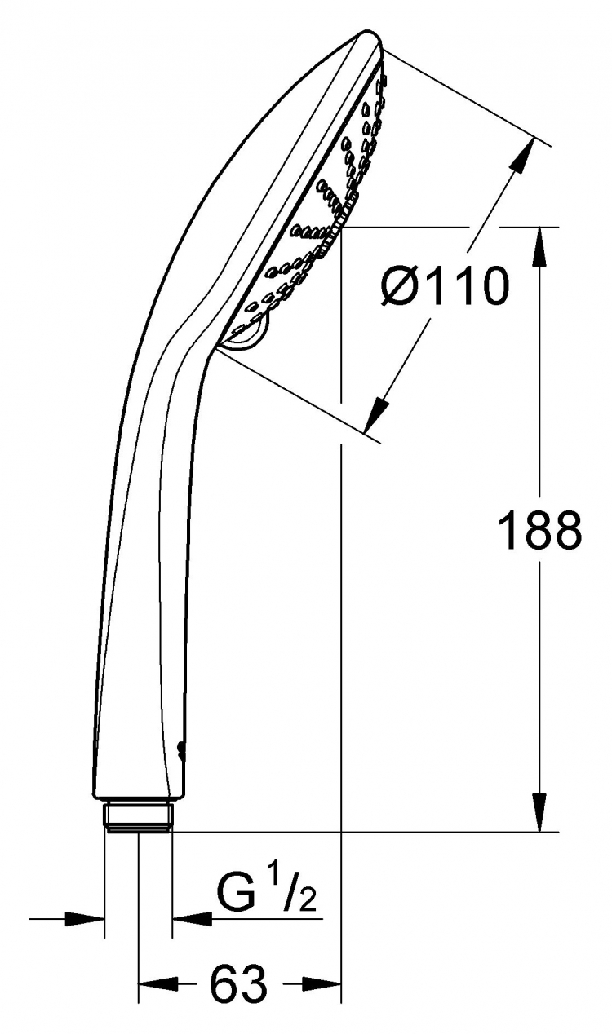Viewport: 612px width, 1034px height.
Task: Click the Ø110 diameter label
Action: [x=445, y=287]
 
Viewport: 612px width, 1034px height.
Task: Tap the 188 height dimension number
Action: [x=540, y=532]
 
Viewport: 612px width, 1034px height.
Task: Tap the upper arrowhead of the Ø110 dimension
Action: [x=522, y=155]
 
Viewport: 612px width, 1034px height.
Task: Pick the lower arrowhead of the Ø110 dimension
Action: [x=376, y=414]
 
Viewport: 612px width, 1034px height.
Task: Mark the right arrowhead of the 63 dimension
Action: [x=321, y=983]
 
